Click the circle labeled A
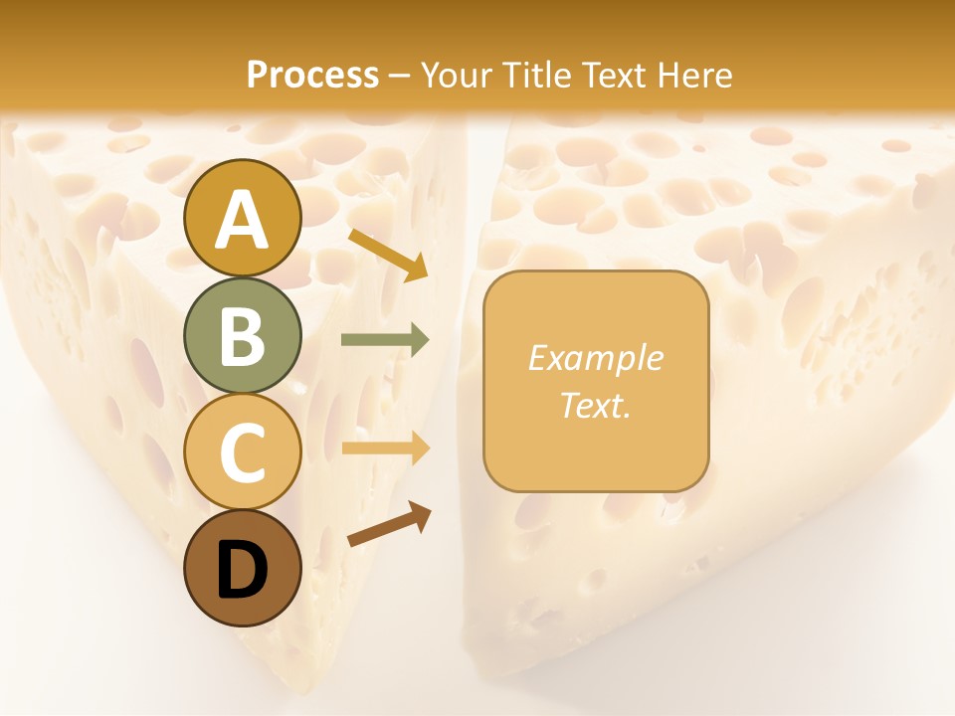242,218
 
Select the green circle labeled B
242,335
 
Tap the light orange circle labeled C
242,451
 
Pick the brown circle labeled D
242,568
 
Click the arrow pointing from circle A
387,254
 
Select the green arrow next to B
385,340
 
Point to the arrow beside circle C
385,448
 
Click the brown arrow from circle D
389,524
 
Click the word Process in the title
312,75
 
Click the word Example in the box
595,358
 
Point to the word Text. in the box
595,405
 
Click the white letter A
242,220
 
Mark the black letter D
242,571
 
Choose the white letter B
242,336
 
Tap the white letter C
242,452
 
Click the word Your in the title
456,75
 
